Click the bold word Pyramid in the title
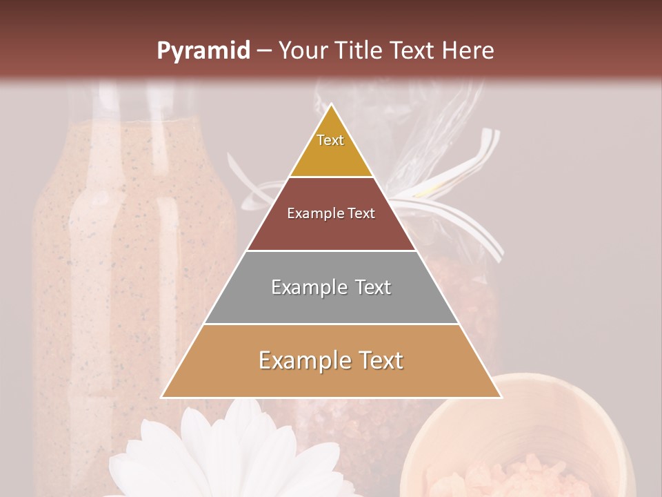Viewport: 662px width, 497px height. pos(203,50)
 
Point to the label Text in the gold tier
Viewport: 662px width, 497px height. pos(330,140)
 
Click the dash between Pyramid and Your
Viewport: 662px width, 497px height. pos(264,50)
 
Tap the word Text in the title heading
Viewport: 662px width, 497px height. pos(412,50)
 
